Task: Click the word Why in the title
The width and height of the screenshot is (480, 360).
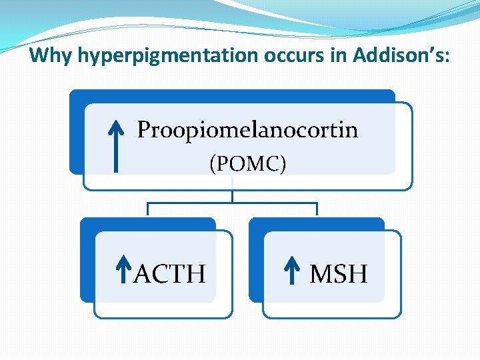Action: [x=51, y=55]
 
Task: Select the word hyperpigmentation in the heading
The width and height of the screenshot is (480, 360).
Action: [x=167, y=55]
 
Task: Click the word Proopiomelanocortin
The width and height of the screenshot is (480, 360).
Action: [x=247, y=129]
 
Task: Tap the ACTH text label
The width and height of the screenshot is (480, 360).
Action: [x=170, y=273]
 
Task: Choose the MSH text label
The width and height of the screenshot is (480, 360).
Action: [x=339, y=273]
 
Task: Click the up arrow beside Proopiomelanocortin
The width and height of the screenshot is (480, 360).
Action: [x=117, y=145]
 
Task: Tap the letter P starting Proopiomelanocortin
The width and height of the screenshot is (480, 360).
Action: [x=145, y=129]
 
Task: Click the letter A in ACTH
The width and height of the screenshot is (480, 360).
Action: [x=142, y=273]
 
